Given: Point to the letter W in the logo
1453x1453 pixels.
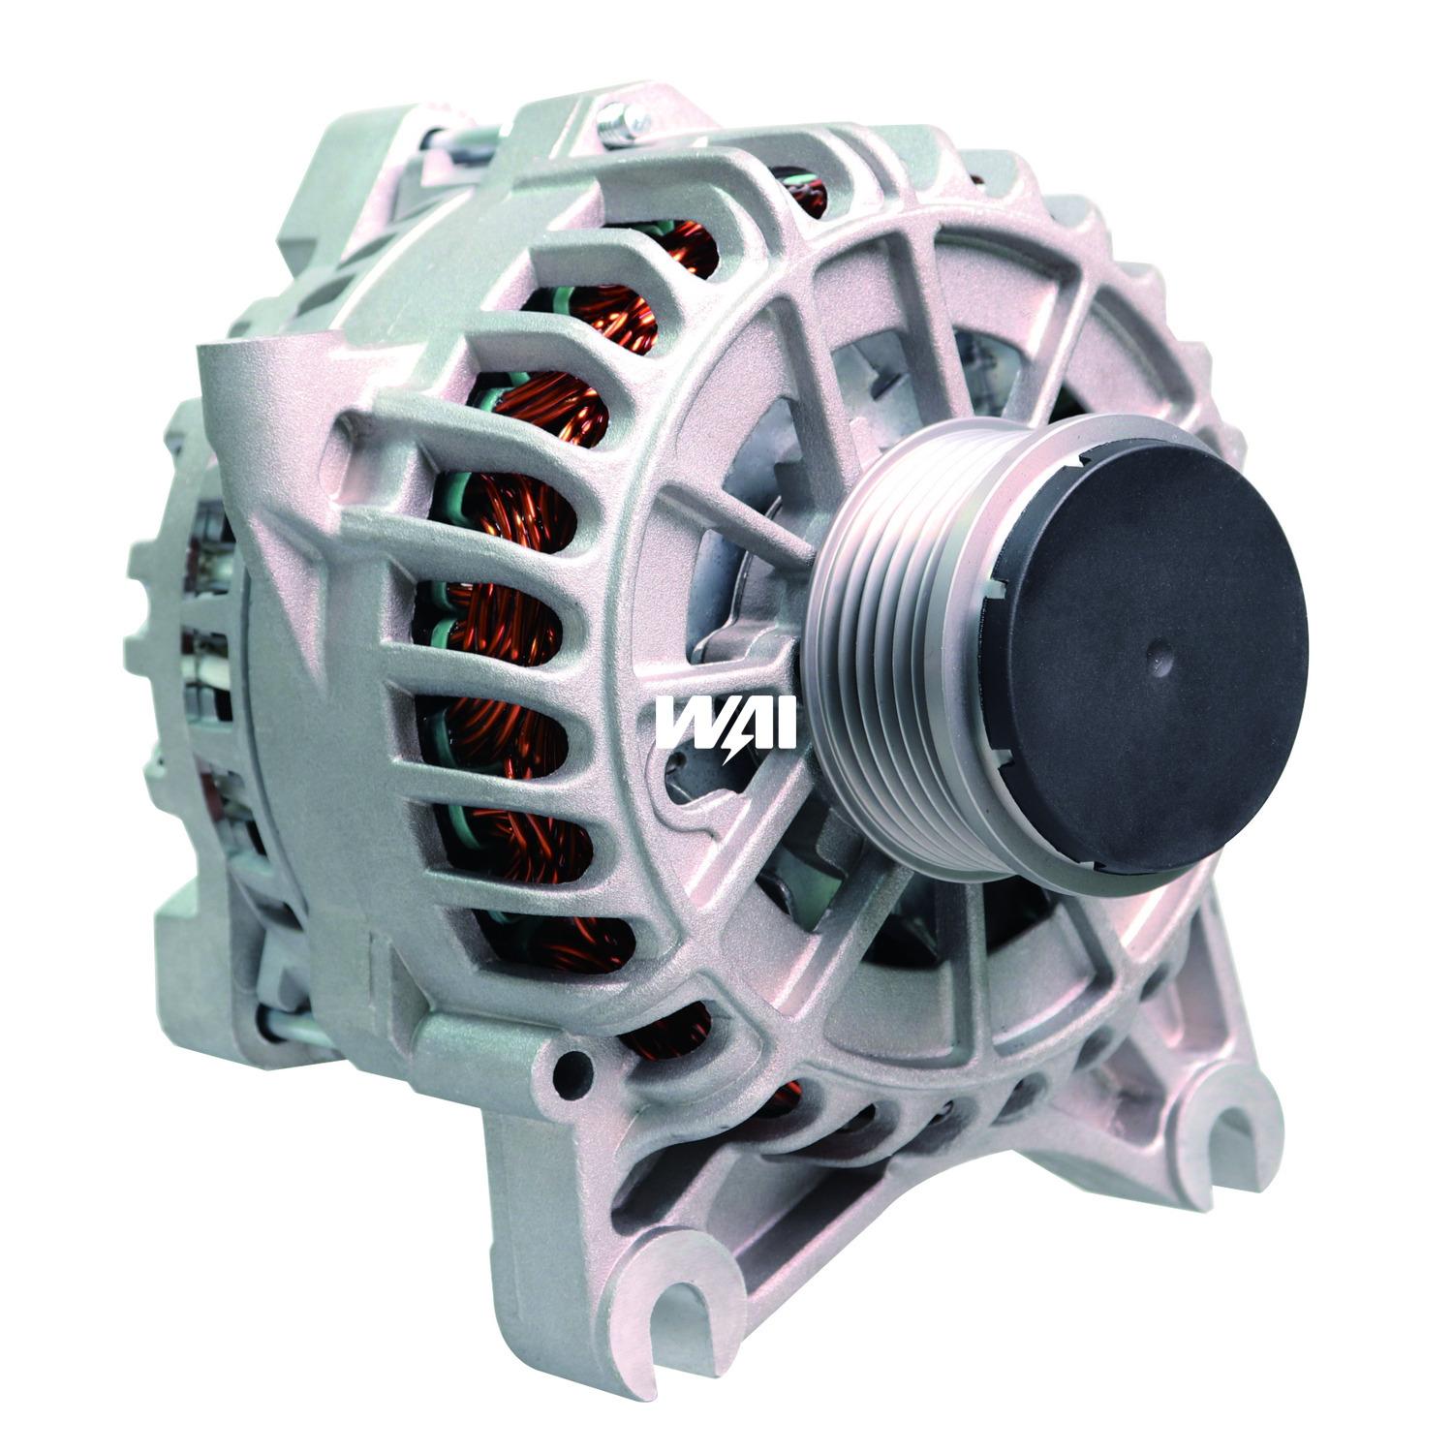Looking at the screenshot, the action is [684, 723].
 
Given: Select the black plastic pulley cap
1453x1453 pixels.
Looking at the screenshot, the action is [1143, 651].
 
